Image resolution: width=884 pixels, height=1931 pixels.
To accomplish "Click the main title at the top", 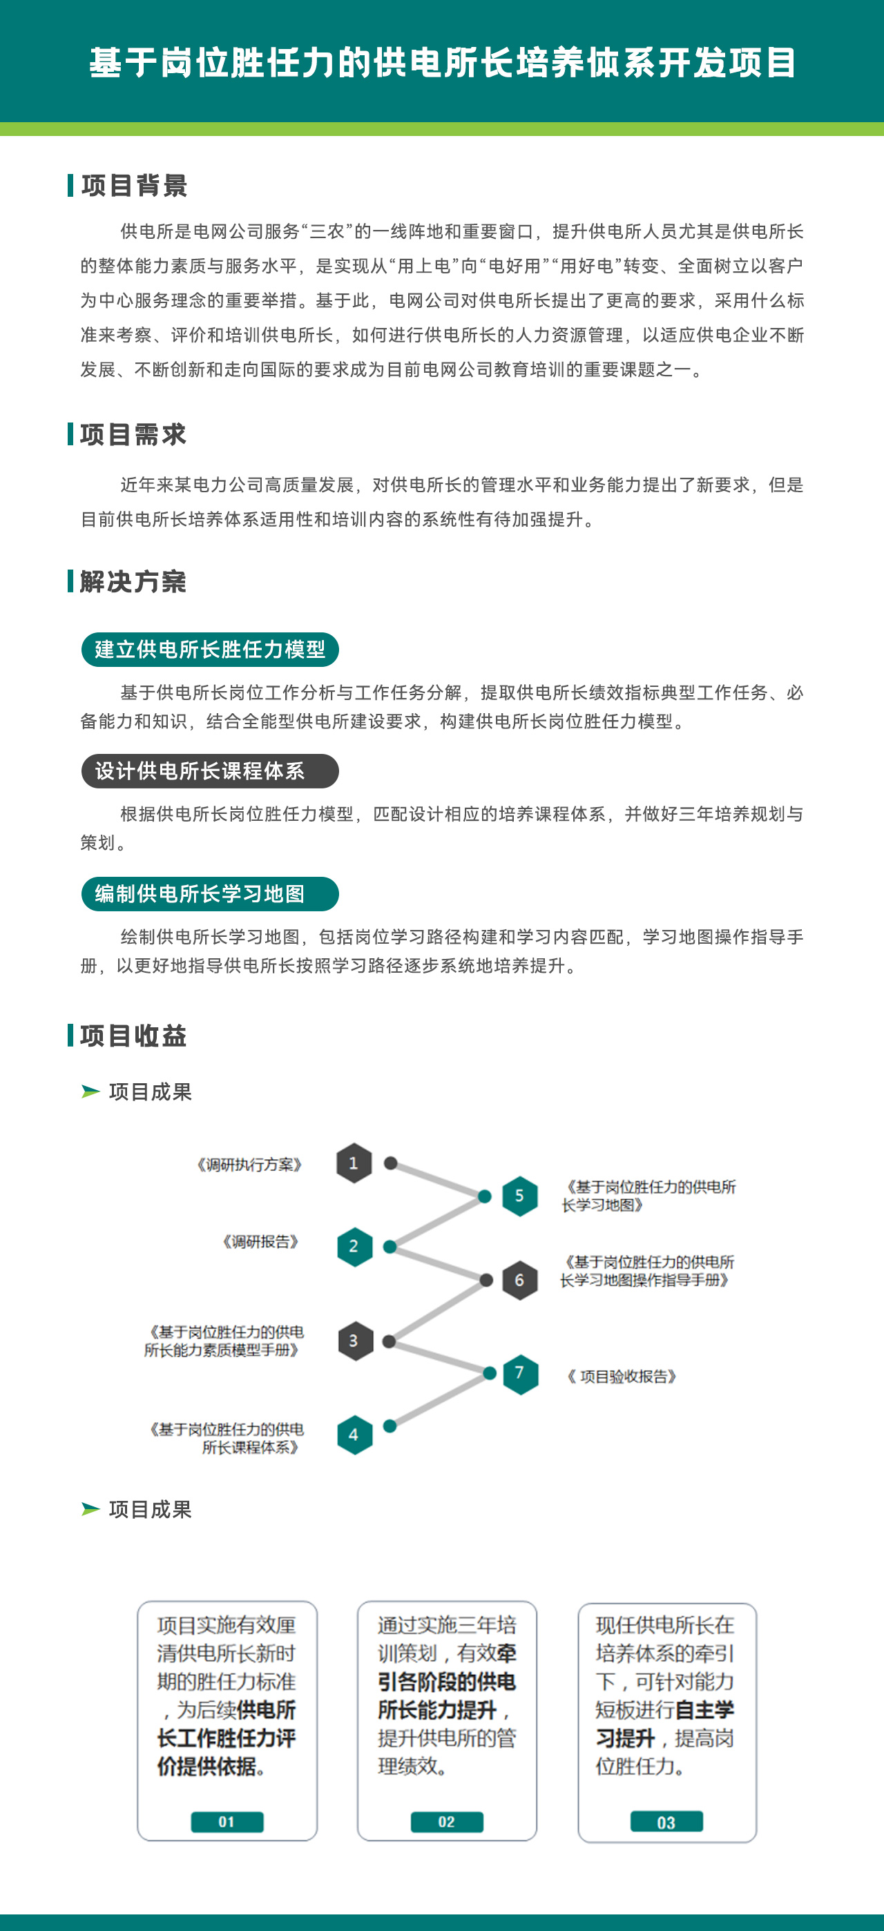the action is (x=443, y=62).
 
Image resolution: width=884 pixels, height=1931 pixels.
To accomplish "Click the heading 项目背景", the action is (x=134, y=185).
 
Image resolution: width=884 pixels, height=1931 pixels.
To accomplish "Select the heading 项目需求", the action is (x=133, y=434).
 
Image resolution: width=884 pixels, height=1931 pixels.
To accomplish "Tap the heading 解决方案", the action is (x=133, y=581).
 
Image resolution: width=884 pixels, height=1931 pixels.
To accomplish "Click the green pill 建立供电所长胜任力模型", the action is (x=210, y=649).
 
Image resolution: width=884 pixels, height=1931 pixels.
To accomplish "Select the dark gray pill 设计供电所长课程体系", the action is (x=210, y=771).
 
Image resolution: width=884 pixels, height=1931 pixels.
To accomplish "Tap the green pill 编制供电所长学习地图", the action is (x=210, y=893).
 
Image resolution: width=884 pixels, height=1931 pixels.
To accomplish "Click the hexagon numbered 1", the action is (x=354, y=1163).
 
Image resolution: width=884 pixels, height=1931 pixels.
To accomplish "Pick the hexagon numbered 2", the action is (x=354, y=1247).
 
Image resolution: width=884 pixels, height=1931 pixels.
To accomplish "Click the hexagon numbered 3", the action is (x=355, y=1341).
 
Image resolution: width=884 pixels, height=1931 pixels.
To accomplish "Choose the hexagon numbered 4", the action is (x=355, y=1435).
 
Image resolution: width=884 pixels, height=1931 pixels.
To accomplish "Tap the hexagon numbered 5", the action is (x=519, y=1196).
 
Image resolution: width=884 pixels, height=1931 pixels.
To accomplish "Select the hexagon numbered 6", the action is (x=519, y=1279).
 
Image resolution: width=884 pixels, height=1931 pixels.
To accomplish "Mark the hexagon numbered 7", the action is (x=520, y=1373).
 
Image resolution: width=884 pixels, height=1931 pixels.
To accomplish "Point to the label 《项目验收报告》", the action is (x=622, y=1377).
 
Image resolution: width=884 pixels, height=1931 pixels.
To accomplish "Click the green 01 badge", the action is (x=227, y=1821).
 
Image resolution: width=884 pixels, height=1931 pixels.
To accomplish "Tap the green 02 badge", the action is (x=447, y=1821).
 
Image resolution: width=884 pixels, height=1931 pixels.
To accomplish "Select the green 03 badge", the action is (x=666, y=1821).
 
